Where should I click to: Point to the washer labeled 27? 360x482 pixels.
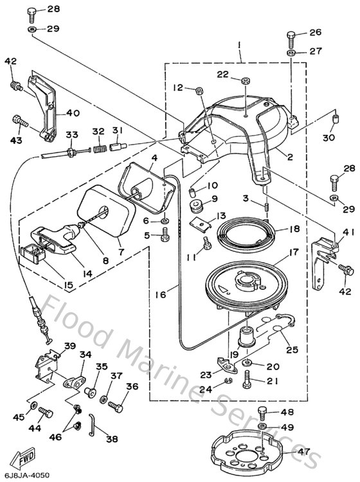pyautogui.click(x=291, y=51)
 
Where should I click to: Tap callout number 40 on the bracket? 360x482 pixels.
pyautogui.click(x=73, y=113)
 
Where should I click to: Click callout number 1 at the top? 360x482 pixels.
pyautogui.click(x=239, y=46)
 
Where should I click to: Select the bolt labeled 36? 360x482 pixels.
pyautogui.click(x=115, y=406)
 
